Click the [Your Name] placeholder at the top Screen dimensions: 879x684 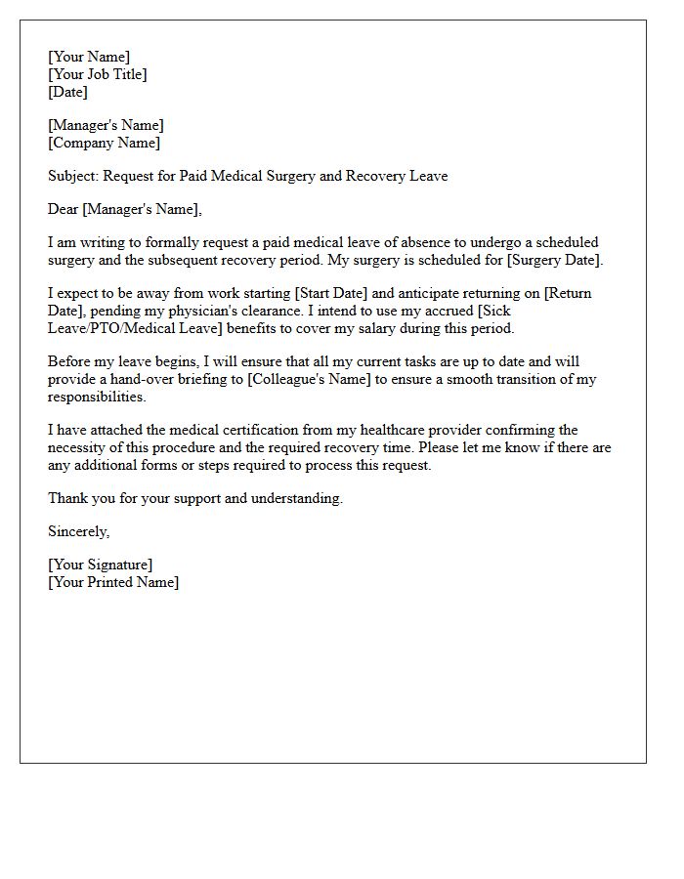(89, 57)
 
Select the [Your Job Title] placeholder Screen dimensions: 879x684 (98, 74)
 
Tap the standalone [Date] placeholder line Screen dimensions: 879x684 (67, 92)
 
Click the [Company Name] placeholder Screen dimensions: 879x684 (104, 143)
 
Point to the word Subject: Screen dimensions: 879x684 (73, 176)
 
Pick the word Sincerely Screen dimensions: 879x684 (78, 531)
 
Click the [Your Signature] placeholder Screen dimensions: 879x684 (100, 565)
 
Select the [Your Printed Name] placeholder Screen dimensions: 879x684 (113, 582)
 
